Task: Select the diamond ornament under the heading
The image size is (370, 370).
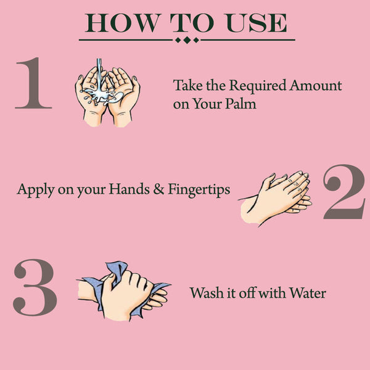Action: [187, 40]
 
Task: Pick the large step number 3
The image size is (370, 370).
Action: [35, 288]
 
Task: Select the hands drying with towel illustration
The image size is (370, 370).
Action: [123, 290]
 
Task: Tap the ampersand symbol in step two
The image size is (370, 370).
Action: [158, 189]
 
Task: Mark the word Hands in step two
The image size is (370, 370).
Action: [129, 189]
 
